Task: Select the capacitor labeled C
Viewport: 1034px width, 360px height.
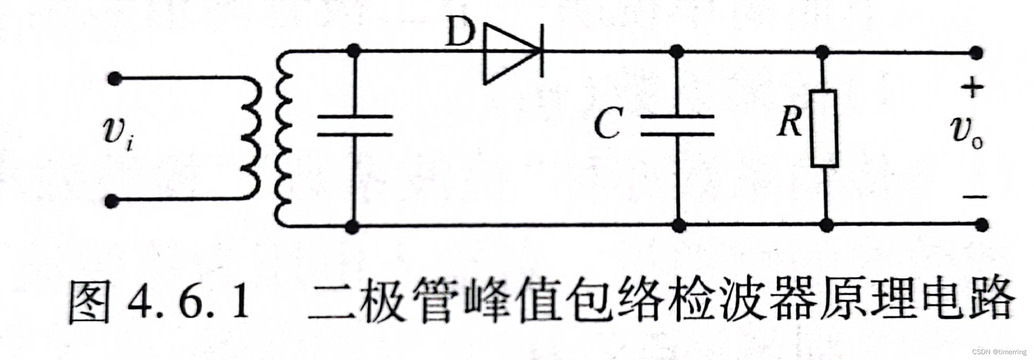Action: [677, 125]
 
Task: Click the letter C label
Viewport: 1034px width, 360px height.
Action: [608, 124]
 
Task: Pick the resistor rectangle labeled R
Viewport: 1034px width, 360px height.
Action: [824, 128]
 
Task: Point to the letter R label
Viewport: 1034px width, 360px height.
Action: [789, 122]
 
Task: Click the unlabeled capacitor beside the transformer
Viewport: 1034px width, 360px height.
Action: [354, 125]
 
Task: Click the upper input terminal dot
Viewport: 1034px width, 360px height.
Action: [113, 78]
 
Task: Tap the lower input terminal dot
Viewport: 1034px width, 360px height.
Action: [112, 201]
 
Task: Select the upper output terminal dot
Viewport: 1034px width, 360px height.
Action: [976, 53]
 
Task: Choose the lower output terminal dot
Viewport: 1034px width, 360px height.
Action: [981, 225]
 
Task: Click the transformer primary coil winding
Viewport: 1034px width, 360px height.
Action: [252, 139]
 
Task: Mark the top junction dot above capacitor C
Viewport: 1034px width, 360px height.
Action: [676, 51]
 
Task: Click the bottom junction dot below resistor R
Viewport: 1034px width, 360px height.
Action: [826, 225]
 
